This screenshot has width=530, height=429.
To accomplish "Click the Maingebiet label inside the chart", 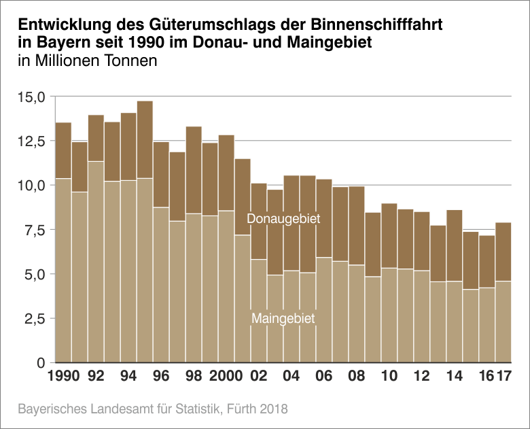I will click(283, 318).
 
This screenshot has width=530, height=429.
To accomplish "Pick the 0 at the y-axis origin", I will click(40, 363).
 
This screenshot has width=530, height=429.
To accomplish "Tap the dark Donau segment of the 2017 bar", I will click(503, 252).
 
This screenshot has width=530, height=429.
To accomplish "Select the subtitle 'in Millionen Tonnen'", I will click(88, 62).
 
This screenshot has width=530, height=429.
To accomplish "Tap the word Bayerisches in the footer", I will click(52, 410).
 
